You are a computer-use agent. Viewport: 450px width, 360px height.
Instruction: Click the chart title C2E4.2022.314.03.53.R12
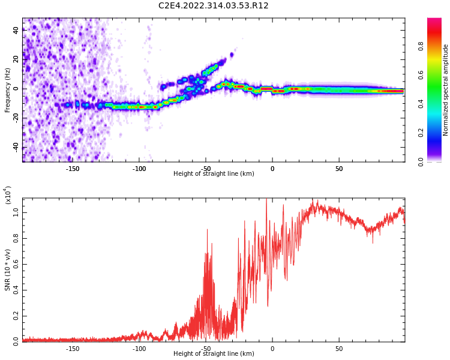[214, 6]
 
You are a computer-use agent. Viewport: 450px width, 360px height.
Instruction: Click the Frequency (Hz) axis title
[8, 89]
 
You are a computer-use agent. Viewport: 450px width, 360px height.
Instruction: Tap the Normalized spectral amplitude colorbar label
[446, 90]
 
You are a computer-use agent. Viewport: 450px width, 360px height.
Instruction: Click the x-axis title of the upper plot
[214, 174]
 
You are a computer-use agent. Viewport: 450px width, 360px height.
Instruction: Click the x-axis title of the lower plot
[214, 354]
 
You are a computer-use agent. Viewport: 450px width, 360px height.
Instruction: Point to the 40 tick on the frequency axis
[16, 29]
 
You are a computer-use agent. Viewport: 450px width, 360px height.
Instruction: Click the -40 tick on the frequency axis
[16, 147]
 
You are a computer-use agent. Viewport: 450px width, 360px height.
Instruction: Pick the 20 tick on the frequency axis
[16, 59]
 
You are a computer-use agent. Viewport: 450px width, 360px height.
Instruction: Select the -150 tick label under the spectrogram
[72, 169]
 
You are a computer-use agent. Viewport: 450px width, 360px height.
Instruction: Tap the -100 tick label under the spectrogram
[139, 169]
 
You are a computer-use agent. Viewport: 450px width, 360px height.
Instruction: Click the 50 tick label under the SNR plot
[339, 349]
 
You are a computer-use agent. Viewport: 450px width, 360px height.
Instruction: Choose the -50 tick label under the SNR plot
[205, 349]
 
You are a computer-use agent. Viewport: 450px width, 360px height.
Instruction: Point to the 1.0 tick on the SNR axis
[16, 212]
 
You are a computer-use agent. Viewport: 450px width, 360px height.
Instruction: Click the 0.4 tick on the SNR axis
[16, 290]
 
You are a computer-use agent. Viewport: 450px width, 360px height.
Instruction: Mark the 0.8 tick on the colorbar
[437, 46]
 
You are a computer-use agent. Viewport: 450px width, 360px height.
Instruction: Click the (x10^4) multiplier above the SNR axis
[8, 196]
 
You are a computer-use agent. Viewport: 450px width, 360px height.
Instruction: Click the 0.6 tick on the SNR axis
[16, 264]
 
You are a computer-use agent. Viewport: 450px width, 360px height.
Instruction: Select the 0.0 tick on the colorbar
[437, 161]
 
